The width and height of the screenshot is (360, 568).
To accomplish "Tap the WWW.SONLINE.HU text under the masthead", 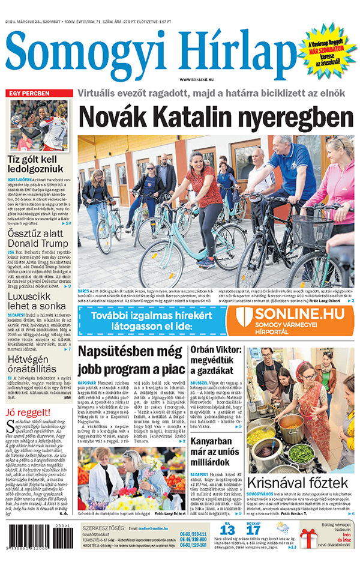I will pyautogui.click(x=199, y=80).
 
